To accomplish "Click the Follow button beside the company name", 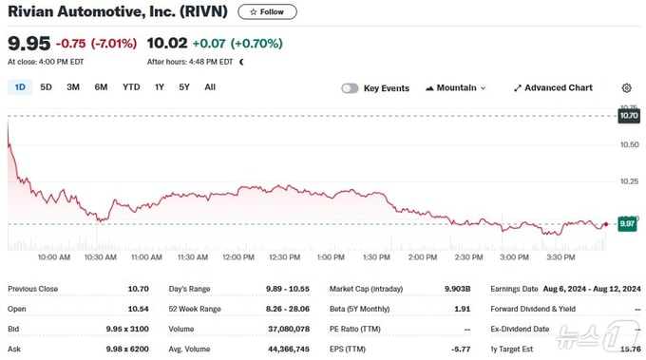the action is (267, 12).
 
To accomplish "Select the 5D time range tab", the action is (46, 87).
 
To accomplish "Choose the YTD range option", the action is (131, 87).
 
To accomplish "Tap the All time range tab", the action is (210, 87).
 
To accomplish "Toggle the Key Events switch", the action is (350, 88).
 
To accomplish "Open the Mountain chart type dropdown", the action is (456, 88).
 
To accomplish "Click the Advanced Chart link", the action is (553, 88).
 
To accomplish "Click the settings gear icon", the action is (626, 87).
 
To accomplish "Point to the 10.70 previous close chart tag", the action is (629, 116).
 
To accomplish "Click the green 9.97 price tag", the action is (627, 223).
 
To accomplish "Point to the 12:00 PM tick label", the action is (238, 257).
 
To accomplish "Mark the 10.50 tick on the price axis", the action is (630, 144).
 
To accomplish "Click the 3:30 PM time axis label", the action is (560, 257).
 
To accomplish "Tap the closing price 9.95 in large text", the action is (28, 44).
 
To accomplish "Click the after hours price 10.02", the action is (167, 43).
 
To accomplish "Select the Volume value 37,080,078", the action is (289, 329).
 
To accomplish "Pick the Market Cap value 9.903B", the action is (457, 289).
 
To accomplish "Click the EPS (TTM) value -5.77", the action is (461, 349).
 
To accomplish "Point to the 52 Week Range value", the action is (288, 309).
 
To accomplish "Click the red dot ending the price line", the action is (606, 224).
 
